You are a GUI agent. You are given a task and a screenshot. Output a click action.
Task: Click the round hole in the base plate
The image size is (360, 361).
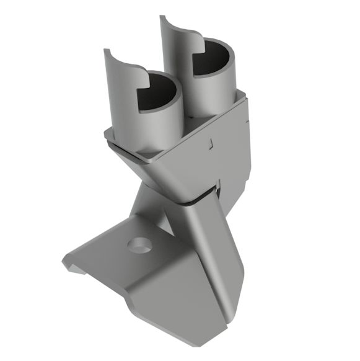139,244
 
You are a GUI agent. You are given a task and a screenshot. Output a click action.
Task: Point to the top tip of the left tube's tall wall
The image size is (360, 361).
106,50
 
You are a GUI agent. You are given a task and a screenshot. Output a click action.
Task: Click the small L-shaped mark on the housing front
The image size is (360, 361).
210,144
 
